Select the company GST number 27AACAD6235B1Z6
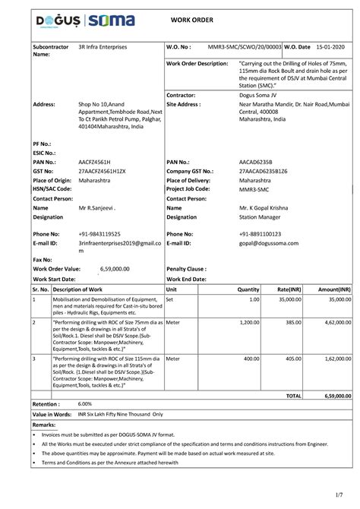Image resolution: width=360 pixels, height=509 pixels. pyautogui.click(x=267, y=173)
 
